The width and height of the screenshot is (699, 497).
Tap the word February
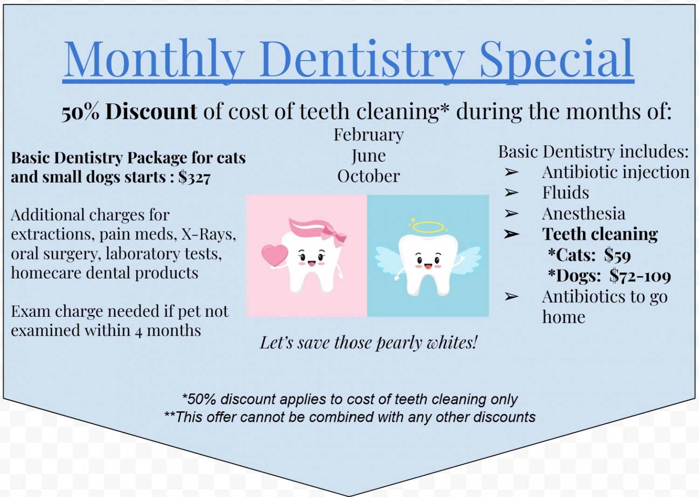369,135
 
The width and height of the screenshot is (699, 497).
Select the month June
369,156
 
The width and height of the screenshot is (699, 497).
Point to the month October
369,176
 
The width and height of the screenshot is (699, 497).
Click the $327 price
194,177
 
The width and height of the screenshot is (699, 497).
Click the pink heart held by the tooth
274,255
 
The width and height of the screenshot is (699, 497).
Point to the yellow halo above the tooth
428,227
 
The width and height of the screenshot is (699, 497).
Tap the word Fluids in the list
565,192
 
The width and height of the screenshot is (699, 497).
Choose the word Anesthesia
584,214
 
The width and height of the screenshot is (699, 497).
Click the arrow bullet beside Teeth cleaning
512,234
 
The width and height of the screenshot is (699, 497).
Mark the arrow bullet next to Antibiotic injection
512,172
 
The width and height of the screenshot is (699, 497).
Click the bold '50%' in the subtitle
80,112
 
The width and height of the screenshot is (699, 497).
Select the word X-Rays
208,234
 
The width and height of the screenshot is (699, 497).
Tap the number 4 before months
139,331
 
